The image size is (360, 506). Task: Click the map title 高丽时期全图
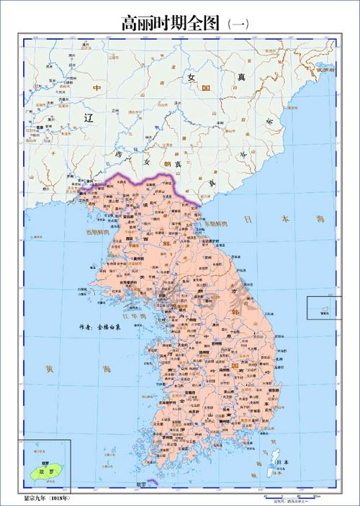pyautogui.click(x=171, y=23)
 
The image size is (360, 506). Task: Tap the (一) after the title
pyautogui.click(x=238, y=24)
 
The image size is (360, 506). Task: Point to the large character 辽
pyautogui.click(x=89, y=117)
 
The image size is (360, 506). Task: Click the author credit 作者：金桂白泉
pyautogui.click(x=99, y=327)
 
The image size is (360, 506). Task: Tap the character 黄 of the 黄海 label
pyautogui.click(x=49, y=370)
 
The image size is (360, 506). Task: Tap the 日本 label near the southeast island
pyautogui.click(x=283, y=462)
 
